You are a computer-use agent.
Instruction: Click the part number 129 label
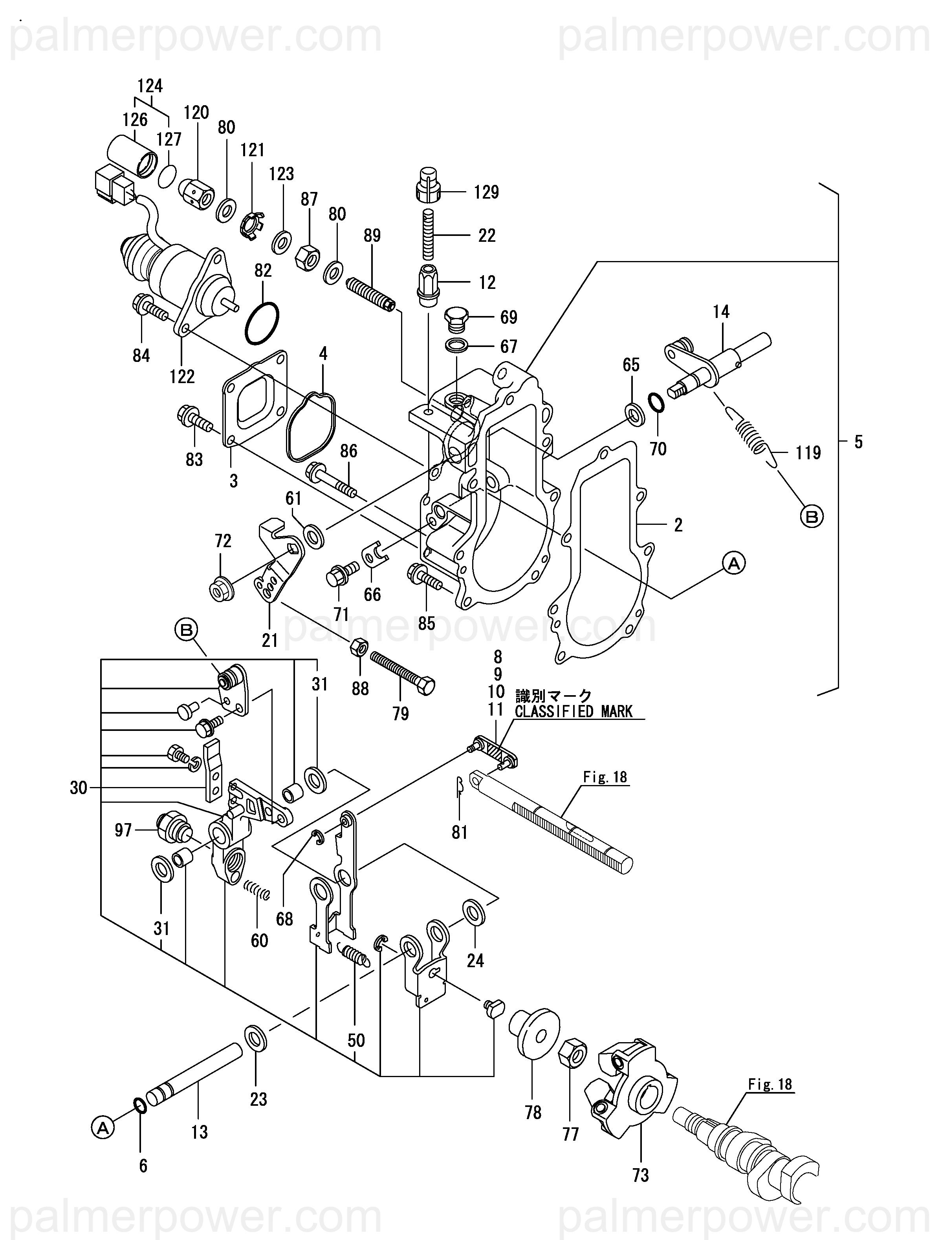pyautogui.click(x=486, y=192)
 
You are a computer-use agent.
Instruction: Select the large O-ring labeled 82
pyautogui.click(x=261, y=324)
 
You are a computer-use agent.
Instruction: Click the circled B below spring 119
pyautogui.click(x=812, y=516)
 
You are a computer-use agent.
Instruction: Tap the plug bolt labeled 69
pyautogui.click(x=456, y=317)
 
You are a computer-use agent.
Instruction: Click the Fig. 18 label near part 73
pyautogui.click(x=771, y=1084)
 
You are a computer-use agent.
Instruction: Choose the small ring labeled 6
pyautogui.click(x=140, y=1105)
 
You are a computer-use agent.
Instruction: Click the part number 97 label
pyautogui.click(x=123, y=830)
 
